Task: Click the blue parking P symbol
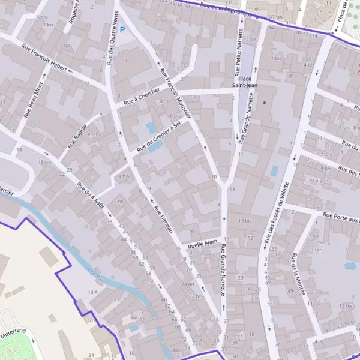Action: [123, 29]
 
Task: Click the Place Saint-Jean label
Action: [245, 82]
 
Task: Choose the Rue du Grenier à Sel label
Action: [159, 136]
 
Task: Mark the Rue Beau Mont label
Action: [34, 98]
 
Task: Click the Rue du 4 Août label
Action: [91, 194]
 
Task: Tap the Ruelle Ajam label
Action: [202, 244]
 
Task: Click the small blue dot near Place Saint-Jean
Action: [264, 103]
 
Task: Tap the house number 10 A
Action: [92, 292]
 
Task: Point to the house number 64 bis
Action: [137, 317]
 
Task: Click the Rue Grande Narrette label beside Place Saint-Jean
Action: [244, 123]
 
